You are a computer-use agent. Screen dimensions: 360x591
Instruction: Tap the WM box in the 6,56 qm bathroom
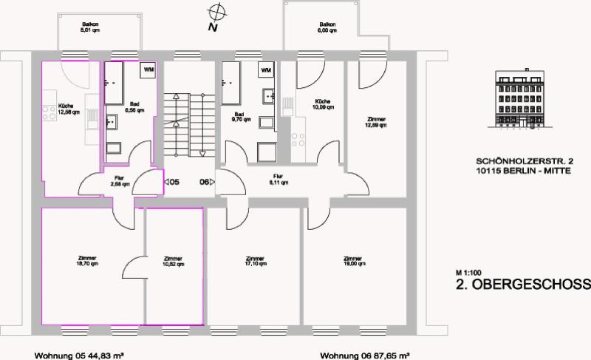click(x=149, y=69)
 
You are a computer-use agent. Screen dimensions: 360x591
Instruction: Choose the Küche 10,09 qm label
click(x=322, y=104)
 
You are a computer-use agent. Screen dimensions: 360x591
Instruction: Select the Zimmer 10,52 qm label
click(x=174, y=260)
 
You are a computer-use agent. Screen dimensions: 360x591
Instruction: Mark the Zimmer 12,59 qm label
click(x=377, y=122)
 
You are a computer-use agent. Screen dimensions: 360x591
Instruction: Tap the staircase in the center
click(x=188, y=126)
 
